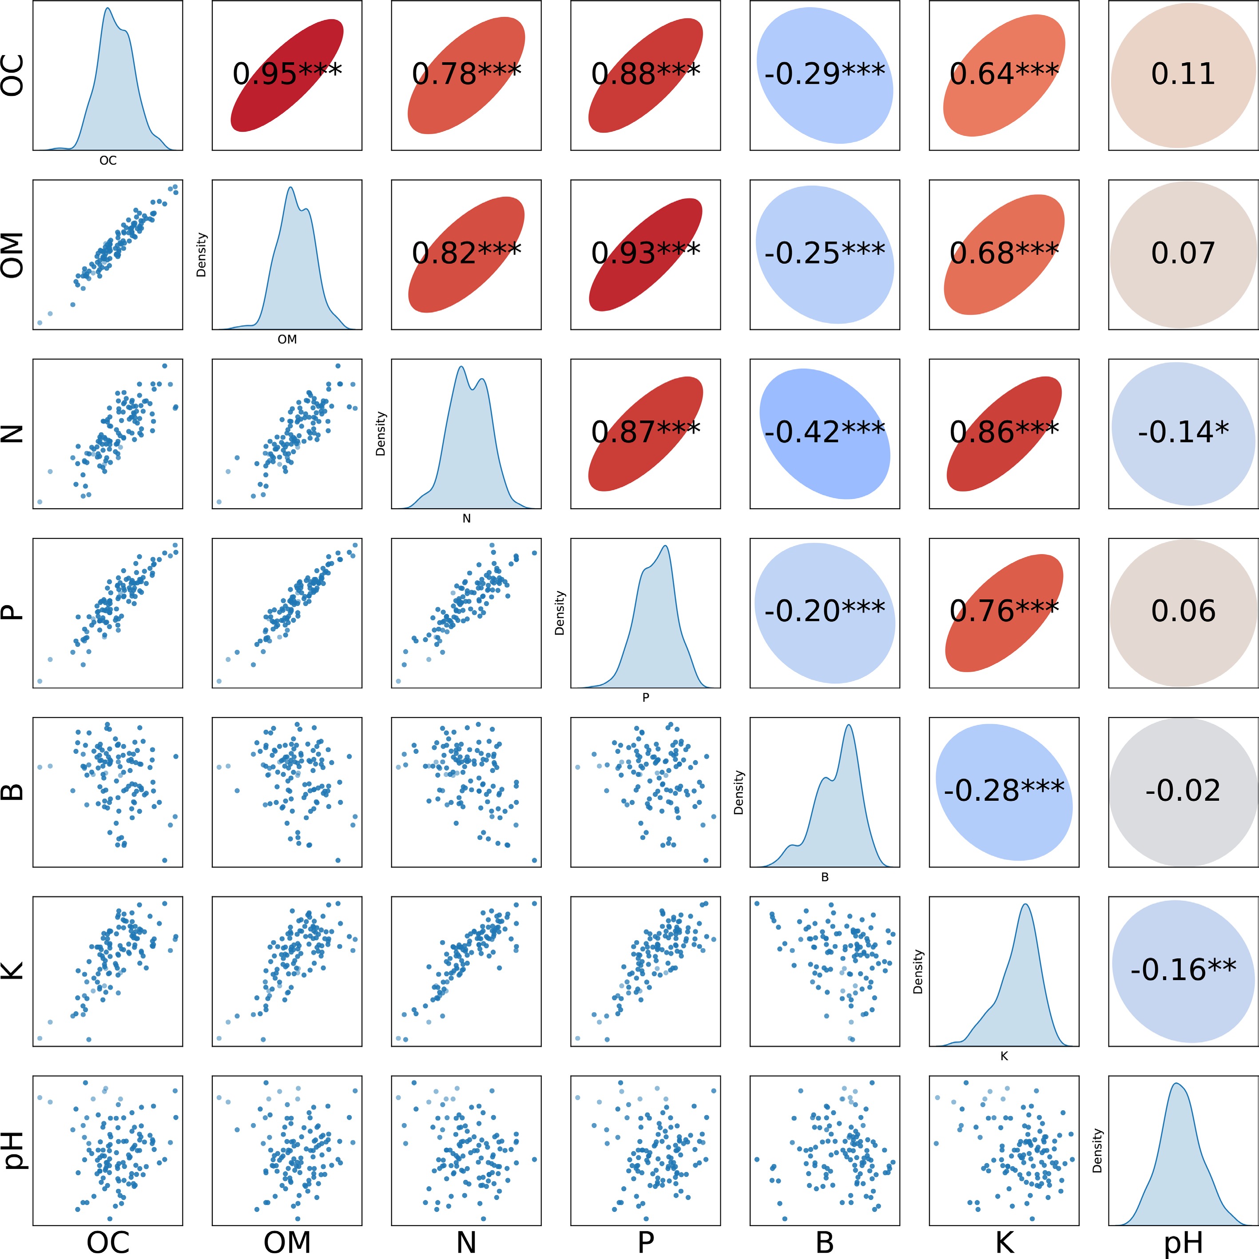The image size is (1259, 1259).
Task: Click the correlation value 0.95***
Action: [x=287, y=74]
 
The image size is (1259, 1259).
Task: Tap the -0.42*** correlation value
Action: [x=825, y=432]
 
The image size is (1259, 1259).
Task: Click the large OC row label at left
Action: [x=13, y=75]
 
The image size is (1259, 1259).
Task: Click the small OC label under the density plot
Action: [x=107, y=160]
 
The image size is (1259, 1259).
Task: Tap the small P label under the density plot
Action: [x=645, y=697]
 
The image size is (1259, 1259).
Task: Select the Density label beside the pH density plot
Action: [x=1097, y=1151]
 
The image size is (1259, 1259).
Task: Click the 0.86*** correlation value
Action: [x=1004, y=432]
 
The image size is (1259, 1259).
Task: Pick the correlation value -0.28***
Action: [x=1004, y=791]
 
